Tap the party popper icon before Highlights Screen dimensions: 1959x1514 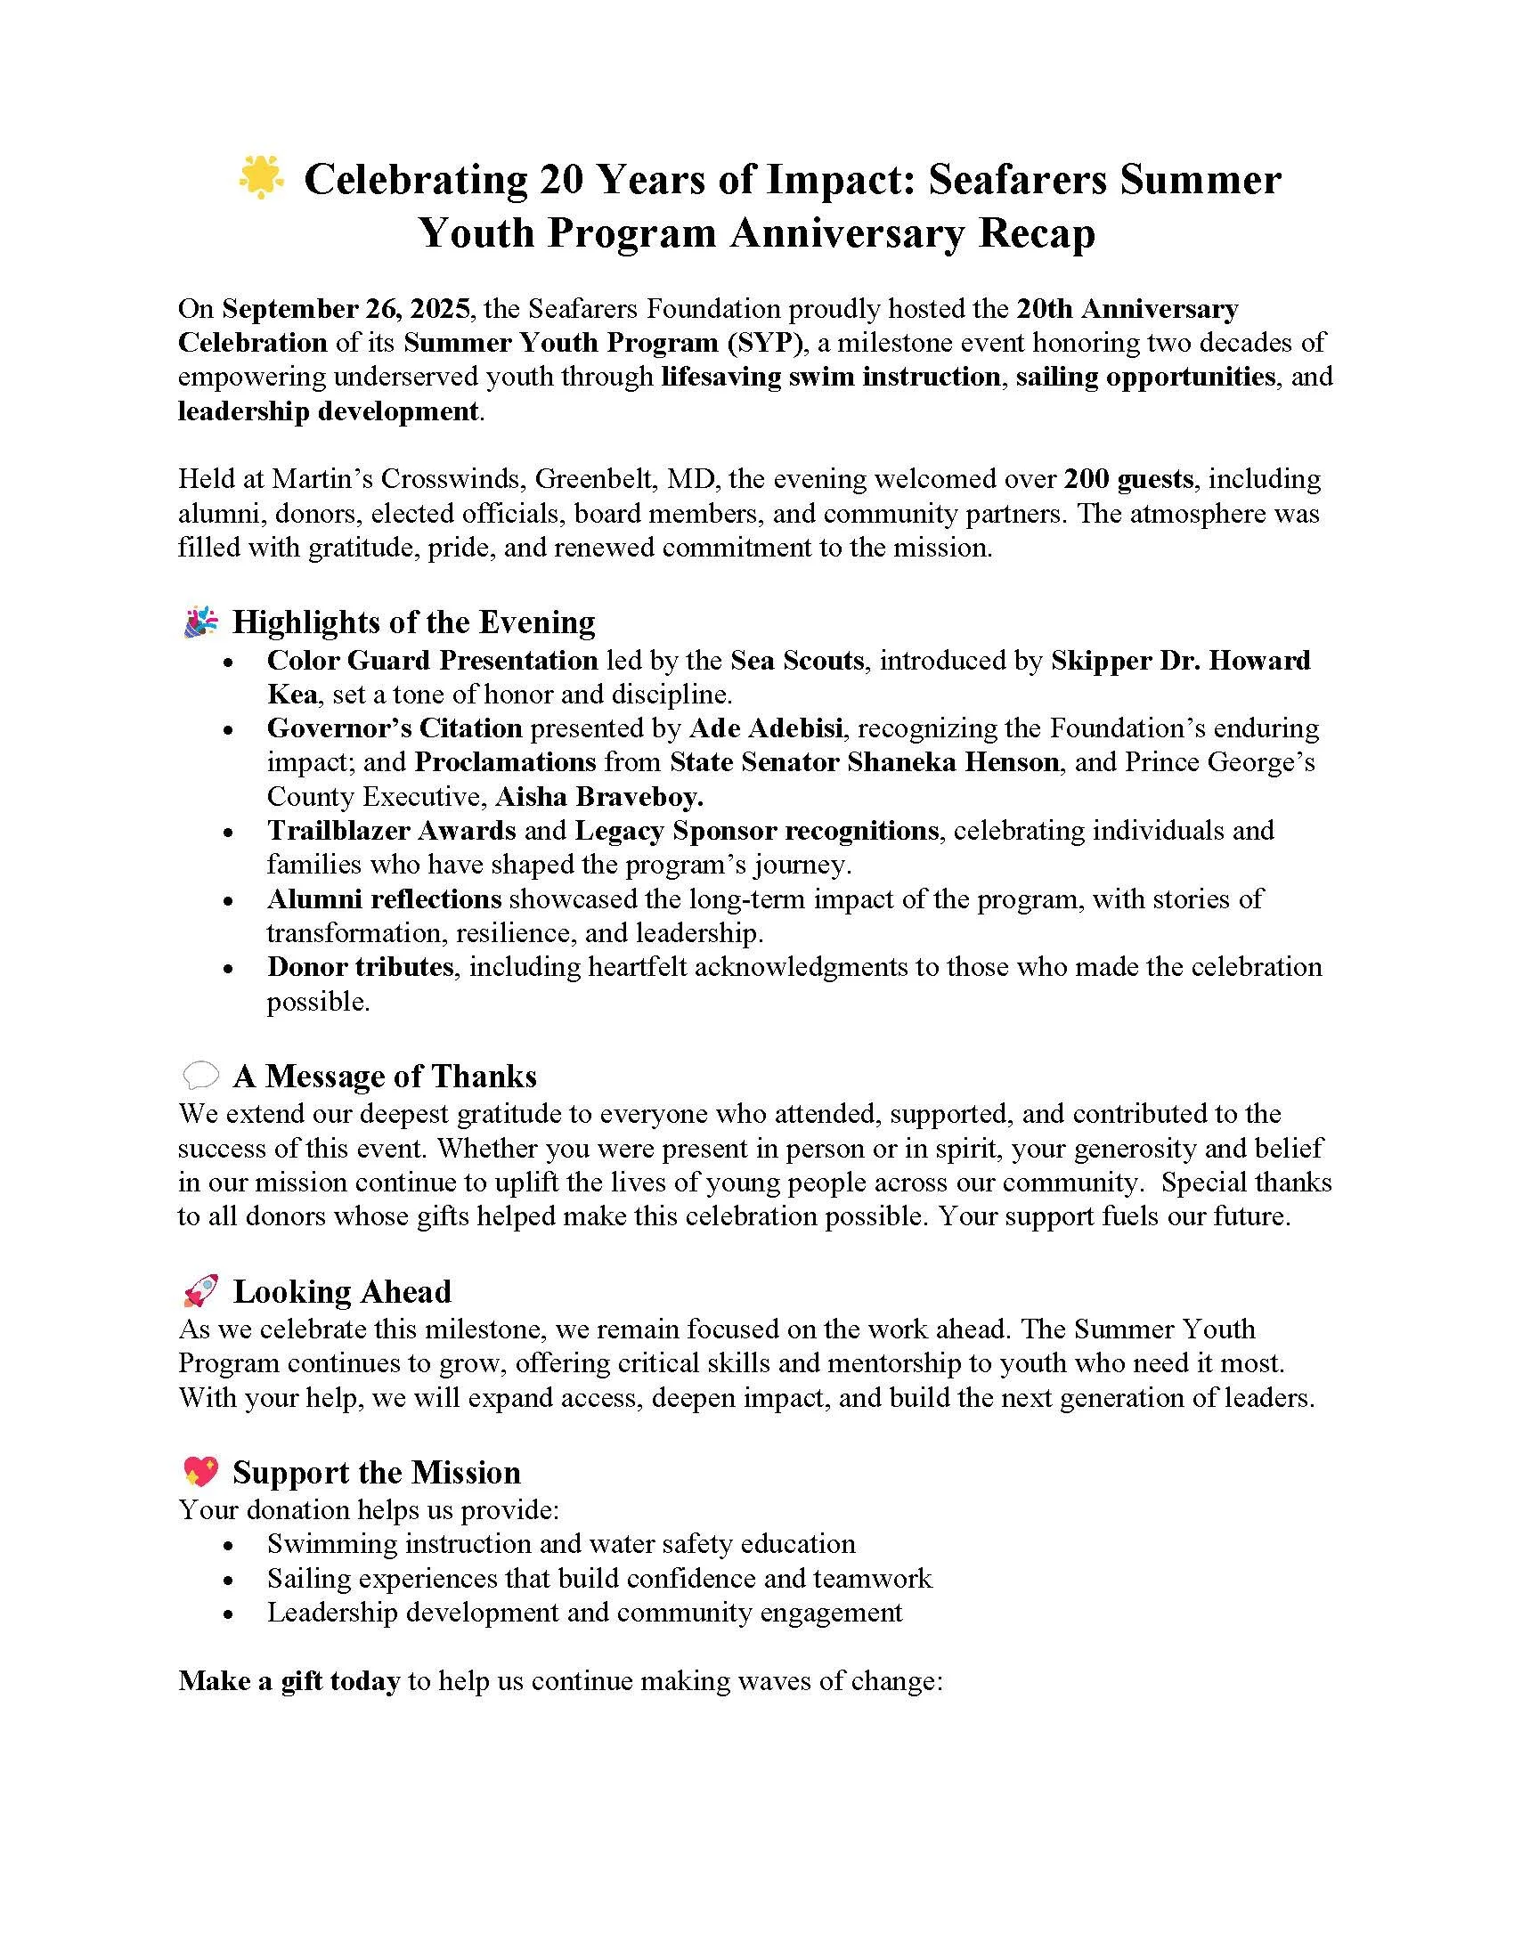pos(201,622)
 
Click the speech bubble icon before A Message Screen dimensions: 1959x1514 pos(201,1075)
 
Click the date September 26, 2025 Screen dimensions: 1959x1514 pos(346,309)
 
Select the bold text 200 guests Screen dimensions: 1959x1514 pos(1128,479)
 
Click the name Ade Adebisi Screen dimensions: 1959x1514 pos(766,728)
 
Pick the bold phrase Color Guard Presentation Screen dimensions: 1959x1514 pos(432,660)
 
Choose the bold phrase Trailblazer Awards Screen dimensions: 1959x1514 pos(391,831)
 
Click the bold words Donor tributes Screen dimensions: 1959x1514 pos(360,967)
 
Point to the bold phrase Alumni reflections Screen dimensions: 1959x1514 pos(384,898)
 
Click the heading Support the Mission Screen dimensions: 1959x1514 pos(377,1473)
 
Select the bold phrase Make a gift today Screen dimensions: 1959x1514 pos(289,1681)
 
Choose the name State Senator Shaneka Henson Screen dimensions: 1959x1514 pos(865,762)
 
